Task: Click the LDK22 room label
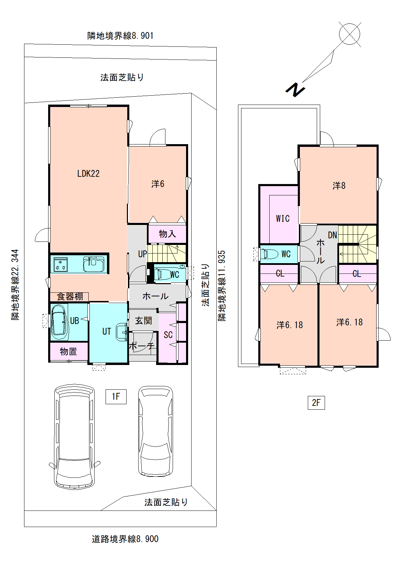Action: [88, 173]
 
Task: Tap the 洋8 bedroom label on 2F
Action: [339, 186]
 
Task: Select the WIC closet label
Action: [283, 218]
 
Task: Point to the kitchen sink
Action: [94, 264]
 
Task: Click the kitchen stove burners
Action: [60, 264]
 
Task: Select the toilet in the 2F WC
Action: [269, 254]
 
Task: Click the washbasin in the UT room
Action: [121, 332]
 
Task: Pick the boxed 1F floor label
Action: [116, 396]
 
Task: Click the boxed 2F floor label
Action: [316, 402]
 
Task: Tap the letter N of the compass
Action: [295, 89]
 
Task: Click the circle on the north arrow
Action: [349, 34]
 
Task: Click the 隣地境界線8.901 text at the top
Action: [120, 35]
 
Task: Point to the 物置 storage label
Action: [68, 351]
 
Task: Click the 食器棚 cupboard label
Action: [70, 297]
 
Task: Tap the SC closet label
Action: [168, 335]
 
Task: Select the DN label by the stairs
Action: [333, 235]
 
